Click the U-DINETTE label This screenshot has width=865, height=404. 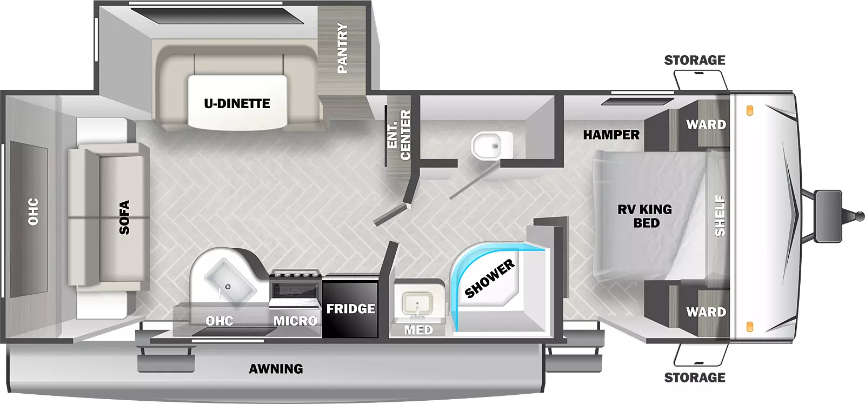[237, 103]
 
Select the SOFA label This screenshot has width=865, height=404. [124, 217]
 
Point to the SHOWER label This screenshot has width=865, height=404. [490, 279]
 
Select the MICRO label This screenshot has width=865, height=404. [295, 321]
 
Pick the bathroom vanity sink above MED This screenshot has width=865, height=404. [417, 303]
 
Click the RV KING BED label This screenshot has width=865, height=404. [645, 216]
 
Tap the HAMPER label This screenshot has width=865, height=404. [611, 135]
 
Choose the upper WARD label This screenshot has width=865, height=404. [706, 124]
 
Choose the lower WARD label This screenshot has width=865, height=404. [706, 312]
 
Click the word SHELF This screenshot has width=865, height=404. [720, 216]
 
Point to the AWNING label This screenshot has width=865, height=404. [276, 369]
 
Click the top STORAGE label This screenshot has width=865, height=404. [695, 60]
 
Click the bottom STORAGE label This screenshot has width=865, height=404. [695, 377]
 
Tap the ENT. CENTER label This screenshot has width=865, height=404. [399, 135]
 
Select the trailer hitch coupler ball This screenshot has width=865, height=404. [857, 216]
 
